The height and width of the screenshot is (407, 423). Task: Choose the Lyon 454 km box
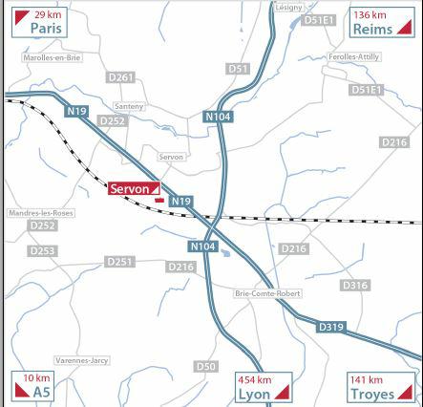[x=262, y=386]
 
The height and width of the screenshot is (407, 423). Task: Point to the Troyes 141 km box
[x=379, y=386]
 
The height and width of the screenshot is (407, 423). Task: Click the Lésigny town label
[x=287, y=7]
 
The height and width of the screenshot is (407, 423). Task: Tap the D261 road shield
[x=121, y=77]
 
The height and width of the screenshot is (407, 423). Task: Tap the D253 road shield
[x=42, y=250]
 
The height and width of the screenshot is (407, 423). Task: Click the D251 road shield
[x=120, y=261]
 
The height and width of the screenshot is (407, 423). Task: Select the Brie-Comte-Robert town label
[x=266, y=294]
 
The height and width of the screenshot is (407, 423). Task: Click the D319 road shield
[x=330, y=328]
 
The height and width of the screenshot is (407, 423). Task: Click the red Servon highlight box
[x=135, y=189]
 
